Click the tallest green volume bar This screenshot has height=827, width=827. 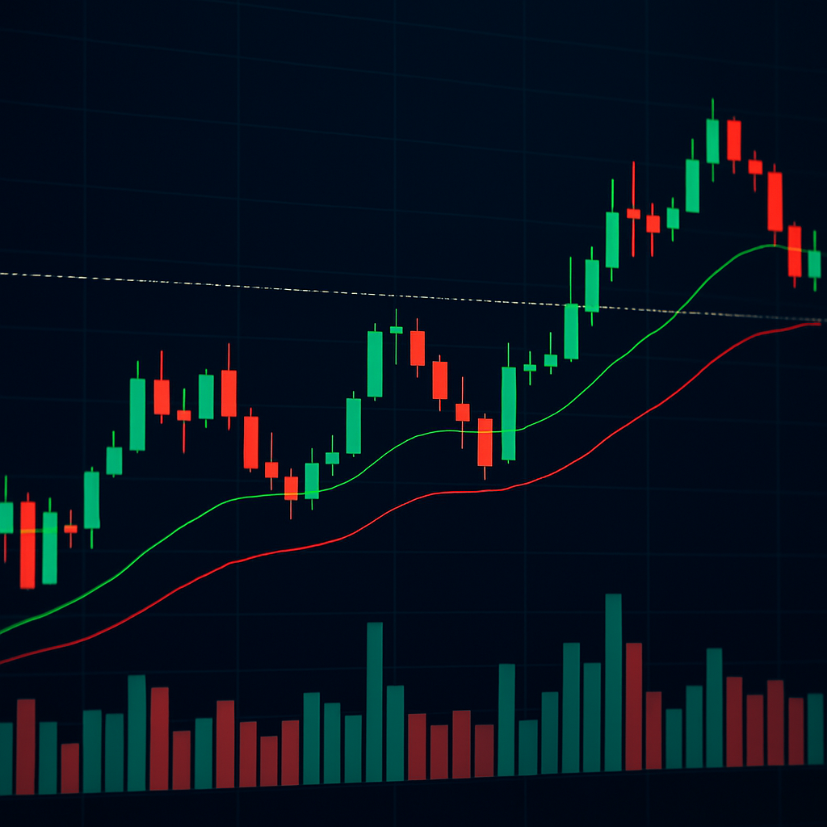614,682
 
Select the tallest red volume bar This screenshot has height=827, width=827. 634,707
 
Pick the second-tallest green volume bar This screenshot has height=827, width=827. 375,703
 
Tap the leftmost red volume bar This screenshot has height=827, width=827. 26,747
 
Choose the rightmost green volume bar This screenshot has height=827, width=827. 816,728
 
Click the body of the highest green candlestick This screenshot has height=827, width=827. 712,141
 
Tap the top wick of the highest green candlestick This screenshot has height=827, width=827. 712,108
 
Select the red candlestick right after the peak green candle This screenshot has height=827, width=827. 733,141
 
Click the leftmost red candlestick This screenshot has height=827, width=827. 27,544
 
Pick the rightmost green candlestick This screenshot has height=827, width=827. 814,264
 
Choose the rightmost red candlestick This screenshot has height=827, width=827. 795,251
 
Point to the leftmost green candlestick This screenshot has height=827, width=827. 6,518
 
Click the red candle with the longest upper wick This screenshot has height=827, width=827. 633,213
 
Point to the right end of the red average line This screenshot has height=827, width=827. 819,323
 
